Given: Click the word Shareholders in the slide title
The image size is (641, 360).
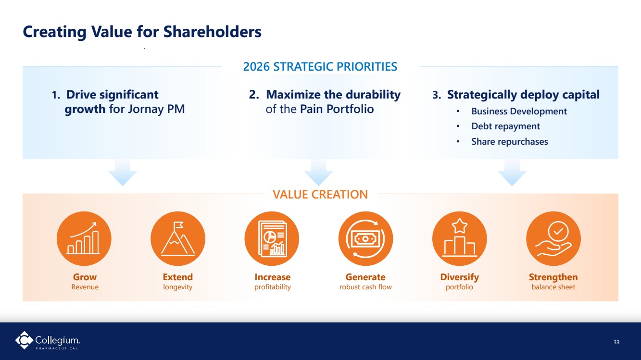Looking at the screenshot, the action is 213,31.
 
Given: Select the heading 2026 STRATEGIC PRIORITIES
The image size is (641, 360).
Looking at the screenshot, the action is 320,67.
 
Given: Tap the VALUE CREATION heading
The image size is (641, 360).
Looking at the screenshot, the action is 320,195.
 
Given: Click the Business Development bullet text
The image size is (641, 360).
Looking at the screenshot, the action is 519,111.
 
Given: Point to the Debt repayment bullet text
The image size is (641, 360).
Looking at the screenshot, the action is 506,126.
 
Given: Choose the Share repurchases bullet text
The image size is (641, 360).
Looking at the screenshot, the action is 510,141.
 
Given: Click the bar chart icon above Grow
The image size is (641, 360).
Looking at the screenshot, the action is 84,238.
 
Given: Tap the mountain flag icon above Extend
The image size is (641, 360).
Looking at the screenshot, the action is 178,238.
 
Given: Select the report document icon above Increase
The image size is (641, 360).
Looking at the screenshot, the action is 272,238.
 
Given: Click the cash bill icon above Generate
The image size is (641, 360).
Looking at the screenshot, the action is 366,238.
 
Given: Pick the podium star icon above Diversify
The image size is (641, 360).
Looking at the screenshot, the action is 460,238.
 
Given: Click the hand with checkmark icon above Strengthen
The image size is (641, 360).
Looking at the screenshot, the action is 553,238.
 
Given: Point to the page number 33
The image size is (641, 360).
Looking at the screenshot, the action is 616,342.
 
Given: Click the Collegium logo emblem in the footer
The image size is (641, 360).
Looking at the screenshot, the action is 24,340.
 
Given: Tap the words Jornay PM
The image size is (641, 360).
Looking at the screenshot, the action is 156,109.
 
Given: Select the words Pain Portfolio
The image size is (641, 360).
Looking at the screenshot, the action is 337,109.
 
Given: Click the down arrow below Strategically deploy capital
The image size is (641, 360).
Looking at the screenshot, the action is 512,173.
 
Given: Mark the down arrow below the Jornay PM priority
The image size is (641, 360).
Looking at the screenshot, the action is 123,173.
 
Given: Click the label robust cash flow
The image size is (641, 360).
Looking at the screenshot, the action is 365,287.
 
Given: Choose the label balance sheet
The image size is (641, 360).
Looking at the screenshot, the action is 553,287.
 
